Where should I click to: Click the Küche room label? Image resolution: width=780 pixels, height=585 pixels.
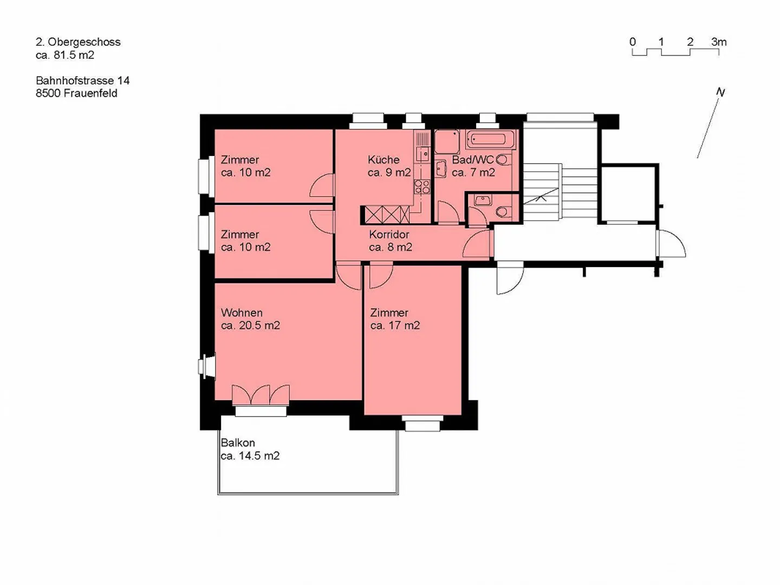point(383,160)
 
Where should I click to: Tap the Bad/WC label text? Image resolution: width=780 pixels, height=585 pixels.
point(472,160)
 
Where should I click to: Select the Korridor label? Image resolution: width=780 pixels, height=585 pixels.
point(389,235)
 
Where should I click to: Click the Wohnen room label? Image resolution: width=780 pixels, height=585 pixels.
point(242,313)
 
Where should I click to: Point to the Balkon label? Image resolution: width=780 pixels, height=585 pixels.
point(238,443)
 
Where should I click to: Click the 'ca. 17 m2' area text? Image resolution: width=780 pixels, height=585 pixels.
point(395,326)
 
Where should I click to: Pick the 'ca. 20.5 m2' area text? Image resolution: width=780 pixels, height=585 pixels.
point(250,326)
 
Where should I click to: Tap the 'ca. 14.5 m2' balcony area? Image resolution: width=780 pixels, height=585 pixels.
point(250,456)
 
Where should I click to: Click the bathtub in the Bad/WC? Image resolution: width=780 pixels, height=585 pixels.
point(491,139)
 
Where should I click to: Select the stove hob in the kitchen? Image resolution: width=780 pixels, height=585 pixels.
point(422,187)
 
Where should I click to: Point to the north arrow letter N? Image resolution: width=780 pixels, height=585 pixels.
point(720,92)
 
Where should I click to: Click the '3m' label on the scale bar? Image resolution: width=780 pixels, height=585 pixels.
point(719,42)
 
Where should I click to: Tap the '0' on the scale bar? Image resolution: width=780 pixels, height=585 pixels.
point(632,42)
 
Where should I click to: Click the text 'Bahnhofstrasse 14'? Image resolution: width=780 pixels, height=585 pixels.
point(82,81)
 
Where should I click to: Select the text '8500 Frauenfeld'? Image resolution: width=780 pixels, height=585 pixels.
point(76,93)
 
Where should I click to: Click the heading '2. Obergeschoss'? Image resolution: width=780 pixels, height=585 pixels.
point(78,42)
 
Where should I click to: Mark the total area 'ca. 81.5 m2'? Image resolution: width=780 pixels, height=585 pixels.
point(65,55)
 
